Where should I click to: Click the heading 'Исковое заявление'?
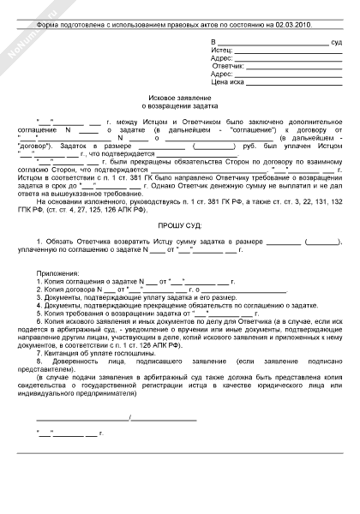179,99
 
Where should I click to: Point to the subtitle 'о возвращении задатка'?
179,108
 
